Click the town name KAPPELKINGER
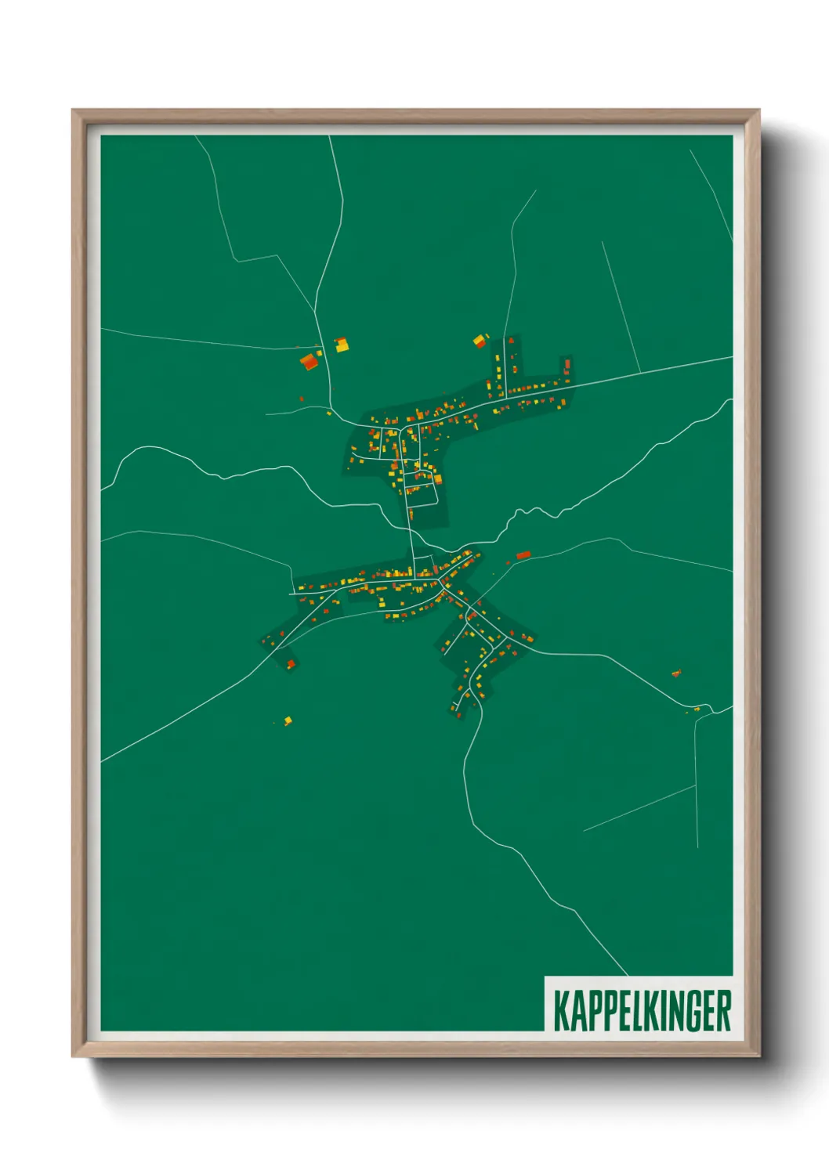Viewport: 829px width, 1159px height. tap(642, 1010)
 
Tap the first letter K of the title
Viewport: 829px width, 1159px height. tap(562, 1010)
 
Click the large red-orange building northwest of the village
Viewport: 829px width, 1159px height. tap(310, 361)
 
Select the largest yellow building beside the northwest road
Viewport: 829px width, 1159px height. tap(342, 345)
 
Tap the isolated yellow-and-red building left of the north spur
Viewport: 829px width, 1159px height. tap(480, 341)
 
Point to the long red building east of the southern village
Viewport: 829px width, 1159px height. tap(523, 555)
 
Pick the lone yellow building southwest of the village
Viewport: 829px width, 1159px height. tap(288, 720)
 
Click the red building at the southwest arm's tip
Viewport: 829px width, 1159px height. tap(291, 664)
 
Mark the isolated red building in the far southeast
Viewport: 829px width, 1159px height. tap(676, 673)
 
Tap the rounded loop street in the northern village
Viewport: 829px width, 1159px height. tap(422, 495)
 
